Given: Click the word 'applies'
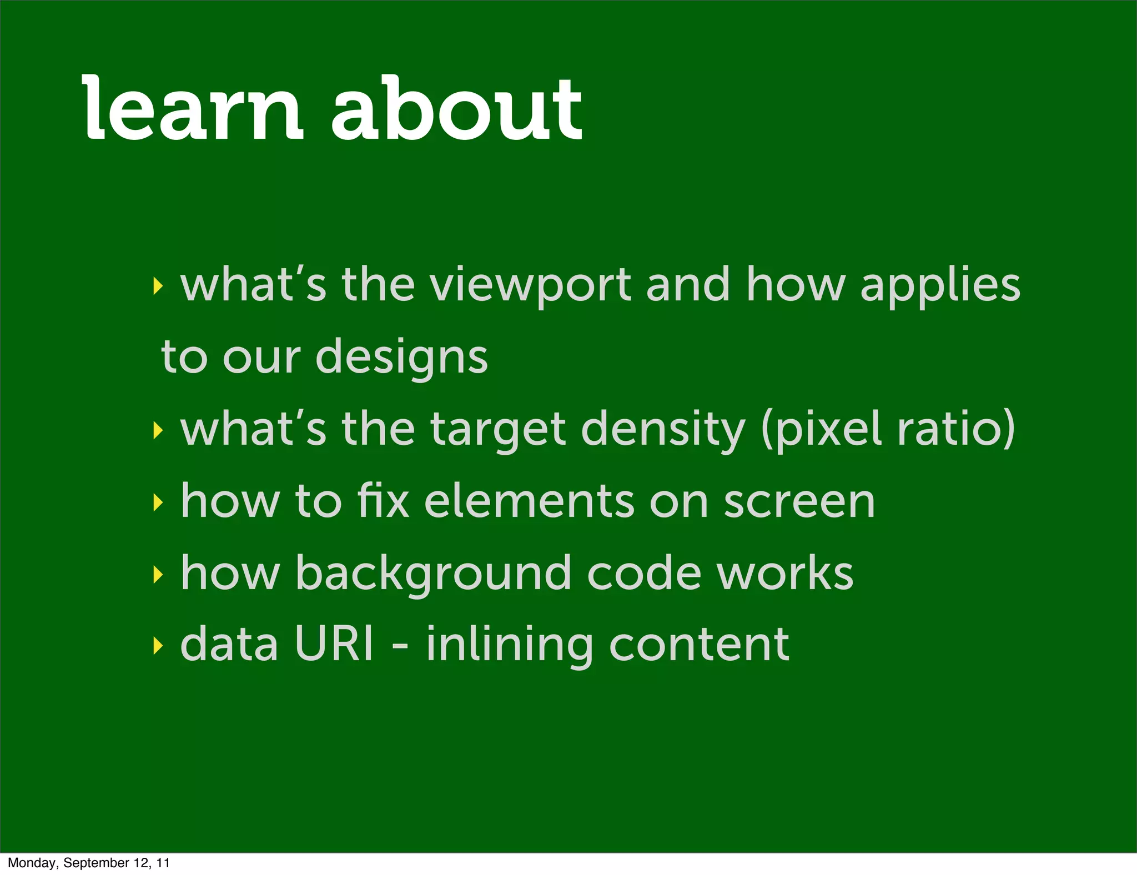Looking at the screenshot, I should pyautogui.click(x=940, y=285).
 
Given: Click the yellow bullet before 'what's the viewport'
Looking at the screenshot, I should pyautogui.click(x=158, y=286).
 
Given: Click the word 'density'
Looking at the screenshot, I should pyautogui.click(x=663, y=429).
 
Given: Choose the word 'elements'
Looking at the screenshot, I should pyautogui.click(x=529, y=501).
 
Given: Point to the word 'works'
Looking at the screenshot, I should pyautogui.click(x=784, y=574).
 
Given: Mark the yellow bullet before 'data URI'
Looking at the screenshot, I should pyautogui.click(x=158, y=645).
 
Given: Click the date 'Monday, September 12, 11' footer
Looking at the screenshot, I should pyautogui.click(x=89, y=863).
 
